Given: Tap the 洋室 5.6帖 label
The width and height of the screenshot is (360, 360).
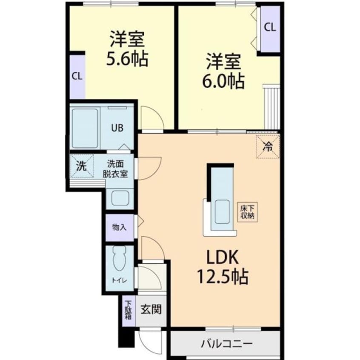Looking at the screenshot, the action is coord(127,49).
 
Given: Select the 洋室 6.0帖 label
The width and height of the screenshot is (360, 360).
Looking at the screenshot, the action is coord(223,71).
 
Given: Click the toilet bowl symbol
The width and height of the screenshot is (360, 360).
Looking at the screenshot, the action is coord(120,258).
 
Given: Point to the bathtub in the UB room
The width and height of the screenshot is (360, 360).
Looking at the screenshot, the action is coord(85,129).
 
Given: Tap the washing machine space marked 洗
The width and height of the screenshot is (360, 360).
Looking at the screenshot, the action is coord(82,166).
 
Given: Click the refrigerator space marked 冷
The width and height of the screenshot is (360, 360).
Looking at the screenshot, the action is coord(268,146).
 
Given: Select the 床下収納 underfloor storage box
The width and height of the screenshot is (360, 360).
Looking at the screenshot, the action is coord(248,212).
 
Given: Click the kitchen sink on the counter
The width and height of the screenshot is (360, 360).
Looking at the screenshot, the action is coord(222,211).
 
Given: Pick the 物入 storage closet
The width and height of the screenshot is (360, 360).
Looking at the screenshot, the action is coord(120,228).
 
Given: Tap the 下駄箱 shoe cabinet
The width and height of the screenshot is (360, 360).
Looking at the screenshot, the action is coord(129,311).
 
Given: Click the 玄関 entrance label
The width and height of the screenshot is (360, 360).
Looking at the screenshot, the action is coord(151,309).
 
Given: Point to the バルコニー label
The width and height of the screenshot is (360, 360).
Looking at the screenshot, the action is coord(227,344).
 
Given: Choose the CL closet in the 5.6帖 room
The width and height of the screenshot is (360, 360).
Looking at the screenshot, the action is coord(77,77).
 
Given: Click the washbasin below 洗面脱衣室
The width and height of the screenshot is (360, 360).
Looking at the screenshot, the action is coord(120,198).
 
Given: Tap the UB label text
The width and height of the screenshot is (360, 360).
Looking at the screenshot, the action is coord(117,128).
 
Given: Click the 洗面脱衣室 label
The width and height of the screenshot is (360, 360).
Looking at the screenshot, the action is coord(115,169).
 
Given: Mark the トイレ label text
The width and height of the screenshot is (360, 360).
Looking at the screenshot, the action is coord(120,280).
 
